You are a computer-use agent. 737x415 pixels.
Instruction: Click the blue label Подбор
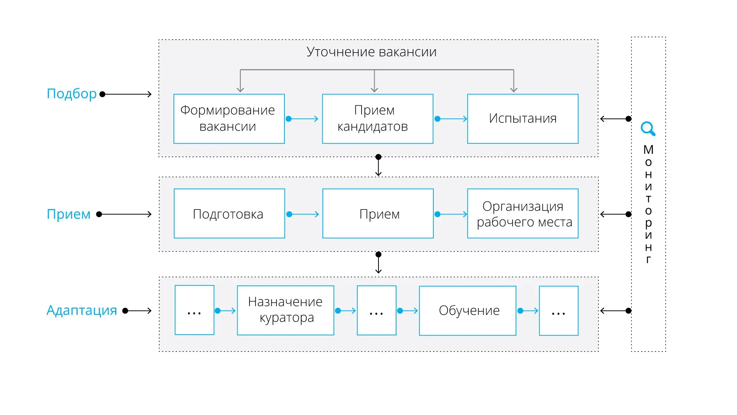(x=71, y=94)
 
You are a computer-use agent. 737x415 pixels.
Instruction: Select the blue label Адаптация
(x=81, y=310)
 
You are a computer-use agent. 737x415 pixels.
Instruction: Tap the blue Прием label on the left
(x=68, y=214)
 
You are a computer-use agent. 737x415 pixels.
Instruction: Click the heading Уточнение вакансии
(x=371, y=52)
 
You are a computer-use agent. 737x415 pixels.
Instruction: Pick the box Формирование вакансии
(x=229, y=119)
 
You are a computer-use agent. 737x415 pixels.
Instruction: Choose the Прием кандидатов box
(x=377, y=119)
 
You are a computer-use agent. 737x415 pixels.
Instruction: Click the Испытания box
(x=522, y=119)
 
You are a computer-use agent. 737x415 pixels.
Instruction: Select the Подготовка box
(x=229, y=214)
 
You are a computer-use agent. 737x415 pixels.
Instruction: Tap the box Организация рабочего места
(x=522, y=214)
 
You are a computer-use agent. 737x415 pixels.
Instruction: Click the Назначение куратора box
(x=285, y=310)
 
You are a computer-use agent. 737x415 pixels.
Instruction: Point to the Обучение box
(x=468, y=310)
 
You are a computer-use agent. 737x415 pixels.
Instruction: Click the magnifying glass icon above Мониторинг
(x=648, y=129)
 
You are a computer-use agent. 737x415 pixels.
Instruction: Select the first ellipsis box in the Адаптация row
(x=194, y=310)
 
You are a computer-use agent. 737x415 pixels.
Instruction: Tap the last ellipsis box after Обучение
(x=559, y=310)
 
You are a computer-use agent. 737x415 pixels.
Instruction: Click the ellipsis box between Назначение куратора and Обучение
(x=377, y=310)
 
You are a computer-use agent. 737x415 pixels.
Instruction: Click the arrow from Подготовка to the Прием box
(x=304, y=214)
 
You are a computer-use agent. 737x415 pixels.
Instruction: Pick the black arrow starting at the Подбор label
(x=127, y=94)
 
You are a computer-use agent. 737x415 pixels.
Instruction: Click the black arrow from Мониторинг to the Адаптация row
(x=615, y=310)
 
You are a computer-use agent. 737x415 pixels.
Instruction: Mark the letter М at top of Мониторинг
(x=648, y=149)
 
